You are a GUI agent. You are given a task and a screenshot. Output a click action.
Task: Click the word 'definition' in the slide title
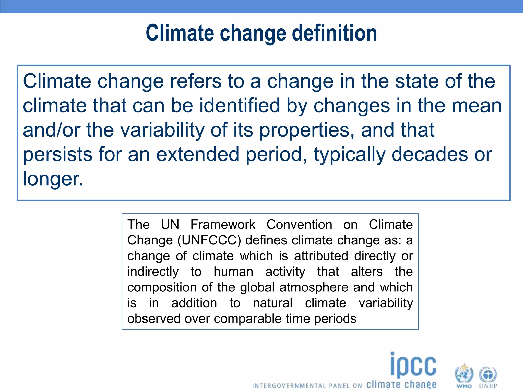[335, 33]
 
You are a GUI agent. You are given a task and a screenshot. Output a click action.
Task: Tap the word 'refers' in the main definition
[196, 81]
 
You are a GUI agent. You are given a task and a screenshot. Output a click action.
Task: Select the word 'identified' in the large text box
[240, 106]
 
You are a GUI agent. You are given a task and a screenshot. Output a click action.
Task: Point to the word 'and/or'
[51, 130]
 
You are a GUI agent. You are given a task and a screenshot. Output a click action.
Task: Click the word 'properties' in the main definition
[307, 130]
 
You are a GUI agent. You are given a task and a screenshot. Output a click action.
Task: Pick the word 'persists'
[58, 154]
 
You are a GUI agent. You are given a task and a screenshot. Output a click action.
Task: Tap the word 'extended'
[198, 154]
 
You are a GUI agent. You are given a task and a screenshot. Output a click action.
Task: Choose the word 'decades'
[430, 154]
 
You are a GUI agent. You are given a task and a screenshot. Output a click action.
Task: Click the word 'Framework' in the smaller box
[223, 225]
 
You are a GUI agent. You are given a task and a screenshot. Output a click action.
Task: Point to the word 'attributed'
[321, 256]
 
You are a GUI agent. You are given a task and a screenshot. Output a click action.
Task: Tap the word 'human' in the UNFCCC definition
[233, 272]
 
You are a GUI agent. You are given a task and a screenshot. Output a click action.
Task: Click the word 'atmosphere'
[314, 287]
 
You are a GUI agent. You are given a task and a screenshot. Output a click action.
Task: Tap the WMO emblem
[464, 374]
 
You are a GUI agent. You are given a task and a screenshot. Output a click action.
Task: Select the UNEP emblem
[488, 374]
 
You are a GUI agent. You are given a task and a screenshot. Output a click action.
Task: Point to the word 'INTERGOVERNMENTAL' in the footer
[289, 386]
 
